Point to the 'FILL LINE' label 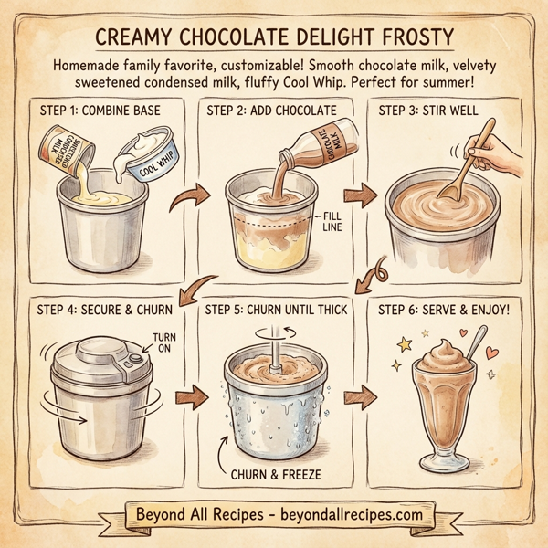(331, 221)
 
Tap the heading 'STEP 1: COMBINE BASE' (102, 111)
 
